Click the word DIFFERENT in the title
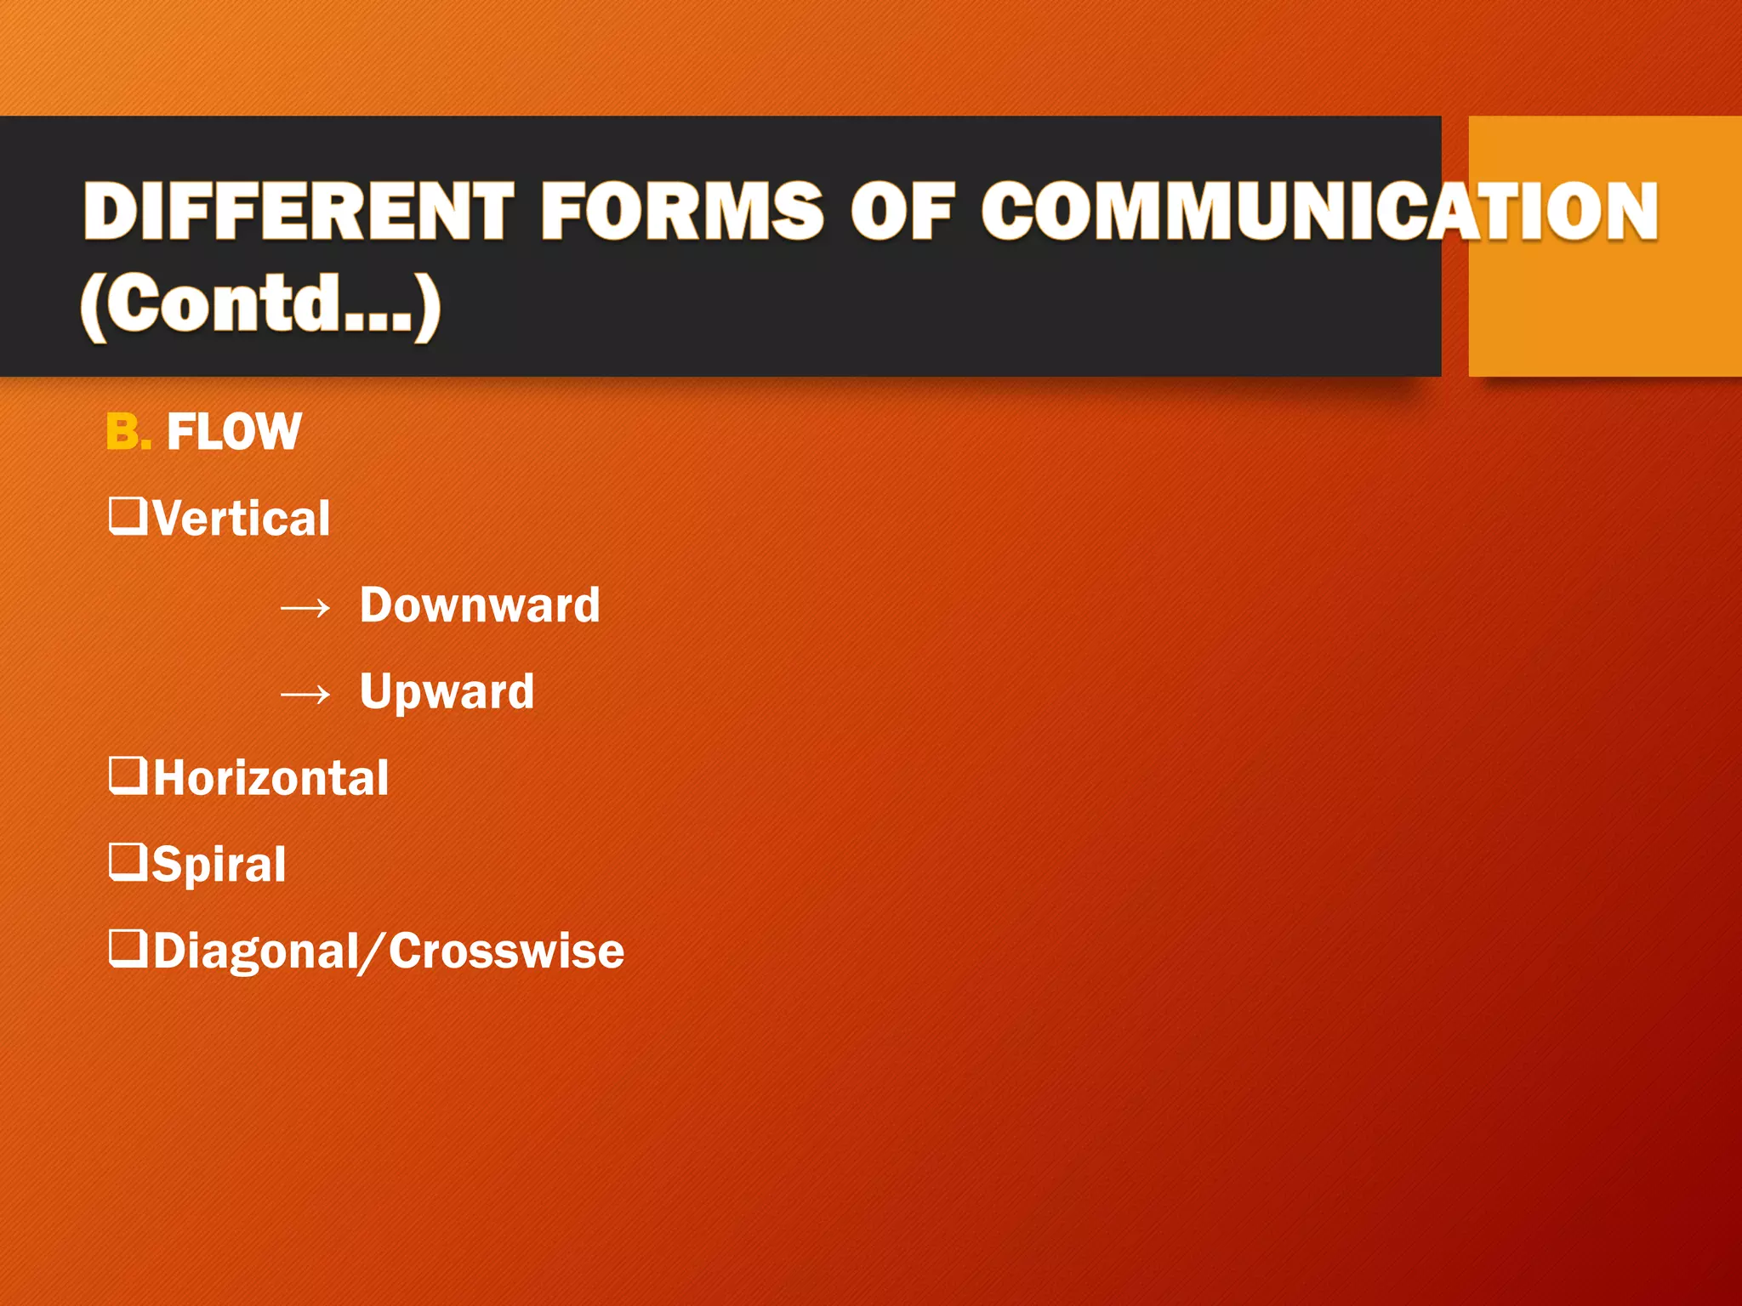pos(299,211)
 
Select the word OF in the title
pos(902,211)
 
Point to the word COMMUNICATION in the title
pos(1319,211)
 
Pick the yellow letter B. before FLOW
pos(128,431)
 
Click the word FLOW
pos(234,431)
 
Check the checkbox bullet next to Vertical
pos(128,516)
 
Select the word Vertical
pos(242,518)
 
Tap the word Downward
pos(480,605)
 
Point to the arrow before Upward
pos(305,695)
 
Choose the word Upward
pos(447,691)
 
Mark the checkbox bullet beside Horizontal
pos(128,775)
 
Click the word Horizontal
pos(270,778)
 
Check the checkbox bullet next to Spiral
pos(128,862)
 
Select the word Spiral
pos(219,865)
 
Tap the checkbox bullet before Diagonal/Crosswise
pos(128,949)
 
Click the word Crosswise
pos(507,951)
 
